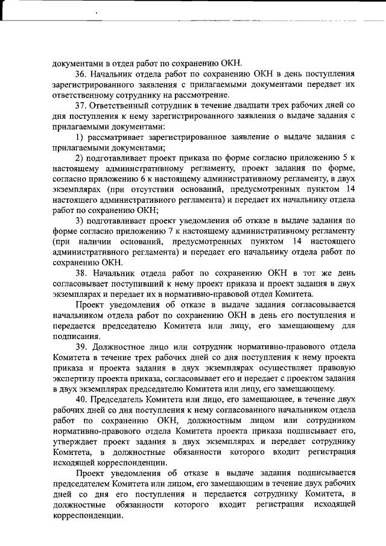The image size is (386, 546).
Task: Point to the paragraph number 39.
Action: click(81, 347)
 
